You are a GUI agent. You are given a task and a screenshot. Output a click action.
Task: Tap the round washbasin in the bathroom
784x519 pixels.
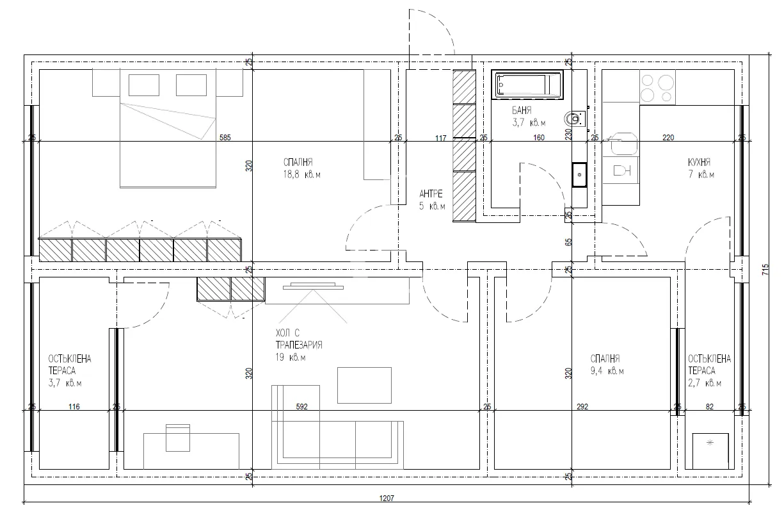[x=575, y=119]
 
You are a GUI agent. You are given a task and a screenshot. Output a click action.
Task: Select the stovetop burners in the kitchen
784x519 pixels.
[x=657, y=87]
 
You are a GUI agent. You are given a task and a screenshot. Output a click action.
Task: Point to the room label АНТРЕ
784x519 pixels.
[x=432, y=193]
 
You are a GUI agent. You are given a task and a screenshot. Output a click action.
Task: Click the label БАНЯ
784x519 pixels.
[x=522, y=110]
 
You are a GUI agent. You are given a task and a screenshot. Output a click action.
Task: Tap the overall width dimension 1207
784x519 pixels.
[x=387, y=497]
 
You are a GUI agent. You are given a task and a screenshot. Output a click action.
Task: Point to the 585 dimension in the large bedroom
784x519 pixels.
[x=225, y=136]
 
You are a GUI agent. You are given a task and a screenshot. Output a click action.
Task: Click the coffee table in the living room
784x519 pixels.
[x=364, y=385]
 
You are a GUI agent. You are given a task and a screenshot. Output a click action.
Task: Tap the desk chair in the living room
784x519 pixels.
[x=177, y=437]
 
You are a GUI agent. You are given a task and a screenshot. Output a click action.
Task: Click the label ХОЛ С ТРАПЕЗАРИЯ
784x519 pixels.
[x=298, y=339]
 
